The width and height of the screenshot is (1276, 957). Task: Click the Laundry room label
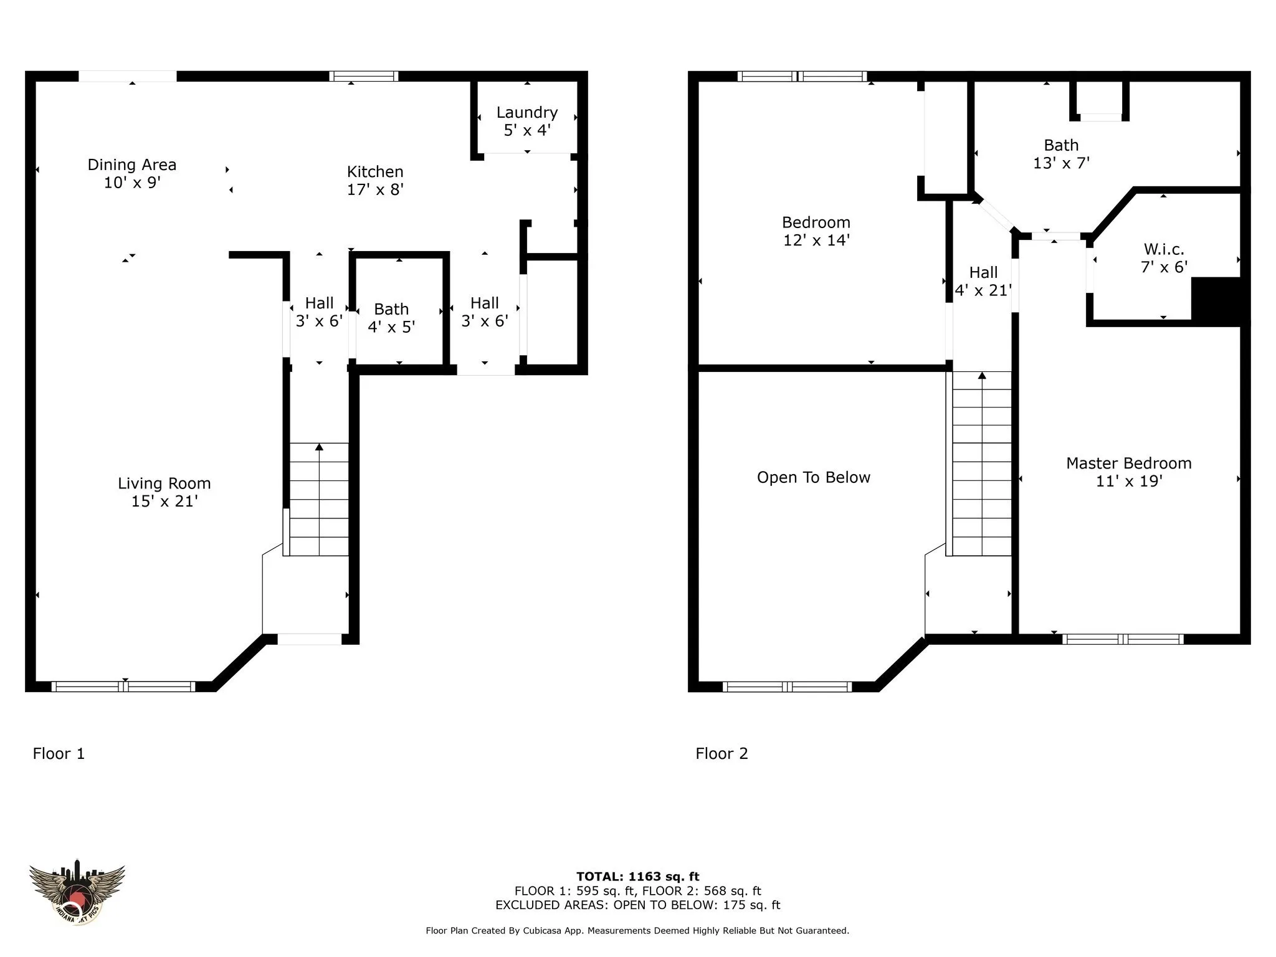pos(526,121)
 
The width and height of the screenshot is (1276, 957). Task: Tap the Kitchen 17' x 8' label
pos(375,180)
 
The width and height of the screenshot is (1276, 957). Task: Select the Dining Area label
pos(132,173)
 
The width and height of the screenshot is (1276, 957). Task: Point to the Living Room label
pos(164,492)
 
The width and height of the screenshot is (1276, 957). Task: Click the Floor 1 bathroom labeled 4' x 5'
pos(391,318)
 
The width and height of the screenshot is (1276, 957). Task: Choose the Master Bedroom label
pos(1129,472)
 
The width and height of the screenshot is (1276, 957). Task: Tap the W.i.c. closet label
pos(1164,258)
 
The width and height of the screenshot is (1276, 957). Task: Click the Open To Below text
pos(814,477)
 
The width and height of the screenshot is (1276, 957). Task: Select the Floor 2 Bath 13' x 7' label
pos(1061,154)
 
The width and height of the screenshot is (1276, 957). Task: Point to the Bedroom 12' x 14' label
pos(816,231)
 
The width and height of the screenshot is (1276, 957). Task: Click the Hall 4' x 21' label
pos(983,281)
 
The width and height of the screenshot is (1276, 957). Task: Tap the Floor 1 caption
pos(59,753)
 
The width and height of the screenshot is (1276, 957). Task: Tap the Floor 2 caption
pos(721,753)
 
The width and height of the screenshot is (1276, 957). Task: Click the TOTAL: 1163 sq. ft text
pos(638,877)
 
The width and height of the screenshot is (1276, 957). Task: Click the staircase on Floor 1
pos(319,499)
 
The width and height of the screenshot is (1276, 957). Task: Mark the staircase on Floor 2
pos(982,464)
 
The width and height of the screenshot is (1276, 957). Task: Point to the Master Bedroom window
pos(1123,639)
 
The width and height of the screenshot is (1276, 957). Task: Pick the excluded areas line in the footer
pos(638,905)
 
